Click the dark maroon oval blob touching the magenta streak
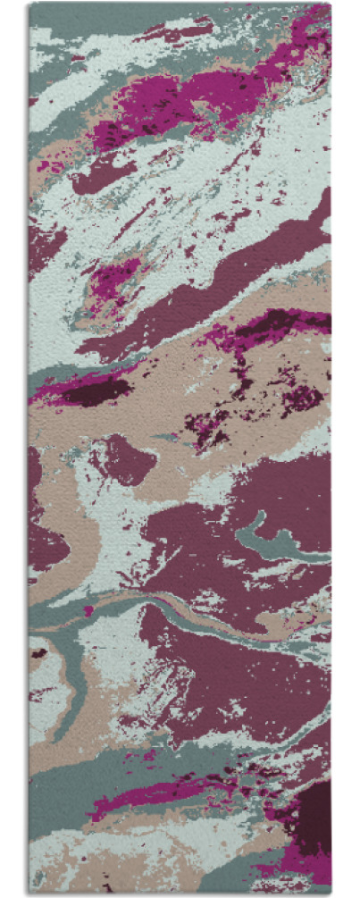[94, 390]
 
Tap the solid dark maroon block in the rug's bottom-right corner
[314, 817]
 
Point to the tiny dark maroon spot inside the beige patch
[38, 653]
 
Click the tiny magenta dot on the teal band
[88, 611]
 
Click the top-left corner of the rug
[29, 4]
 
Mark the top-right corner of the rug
[331, 4]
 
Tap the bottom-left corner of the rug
[29, 894]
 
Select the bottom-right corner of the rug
[331, 894]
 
